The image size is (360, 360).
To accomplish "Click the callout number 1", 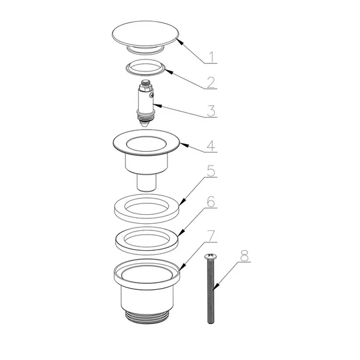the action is tap(212, 57).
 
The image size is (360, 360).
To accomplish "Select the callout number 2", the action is tap(211, 82).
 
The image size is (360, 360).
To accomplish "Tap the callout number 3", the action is tap(211, 111).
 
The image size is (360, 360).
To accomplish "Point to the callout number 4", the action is tap(211, 146).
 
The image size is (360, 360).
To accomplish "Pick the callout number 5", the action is tap(211, 171).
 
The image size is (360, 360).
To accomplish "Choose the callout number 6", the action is tap(211, 202).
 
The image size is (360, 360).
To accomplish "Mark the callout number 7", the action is tap(211, 236).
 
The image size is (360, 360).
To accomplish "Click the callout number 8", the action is tap(244, 256).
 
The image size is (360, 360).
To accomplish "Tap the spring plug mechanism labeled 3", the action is tap(146, 103).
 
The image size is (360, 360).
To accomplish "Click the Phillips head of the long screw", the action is tap(210, 256).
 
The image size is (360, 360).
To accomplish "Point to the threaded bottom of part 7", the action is tap(147, 317).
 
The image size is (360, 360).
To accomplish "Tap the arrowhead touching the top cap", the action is tap(179, 41).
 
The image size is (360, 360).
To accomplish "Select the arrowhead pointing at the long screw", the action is tap(216, 286).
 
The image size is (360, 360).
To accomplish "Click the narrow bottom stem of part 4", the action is tap(147, 182).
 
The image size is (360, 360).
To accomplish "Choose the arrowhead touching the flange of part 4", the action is tap(184, 145).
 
